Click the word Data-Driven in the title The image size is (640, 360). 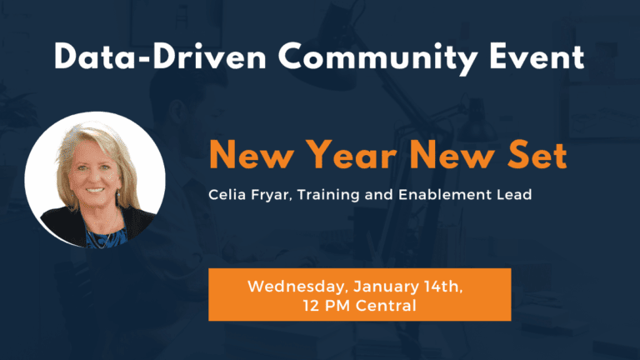click(160, 57)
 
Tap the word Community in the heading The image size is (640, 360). click(378, 58)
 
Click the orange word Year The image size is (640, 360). click(351, 155)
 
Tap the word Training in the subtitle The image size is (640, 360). click(328, 195)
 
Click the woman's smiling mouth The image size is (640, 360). click(95, 190)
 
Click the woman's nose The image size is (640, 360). click(92, 177)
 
